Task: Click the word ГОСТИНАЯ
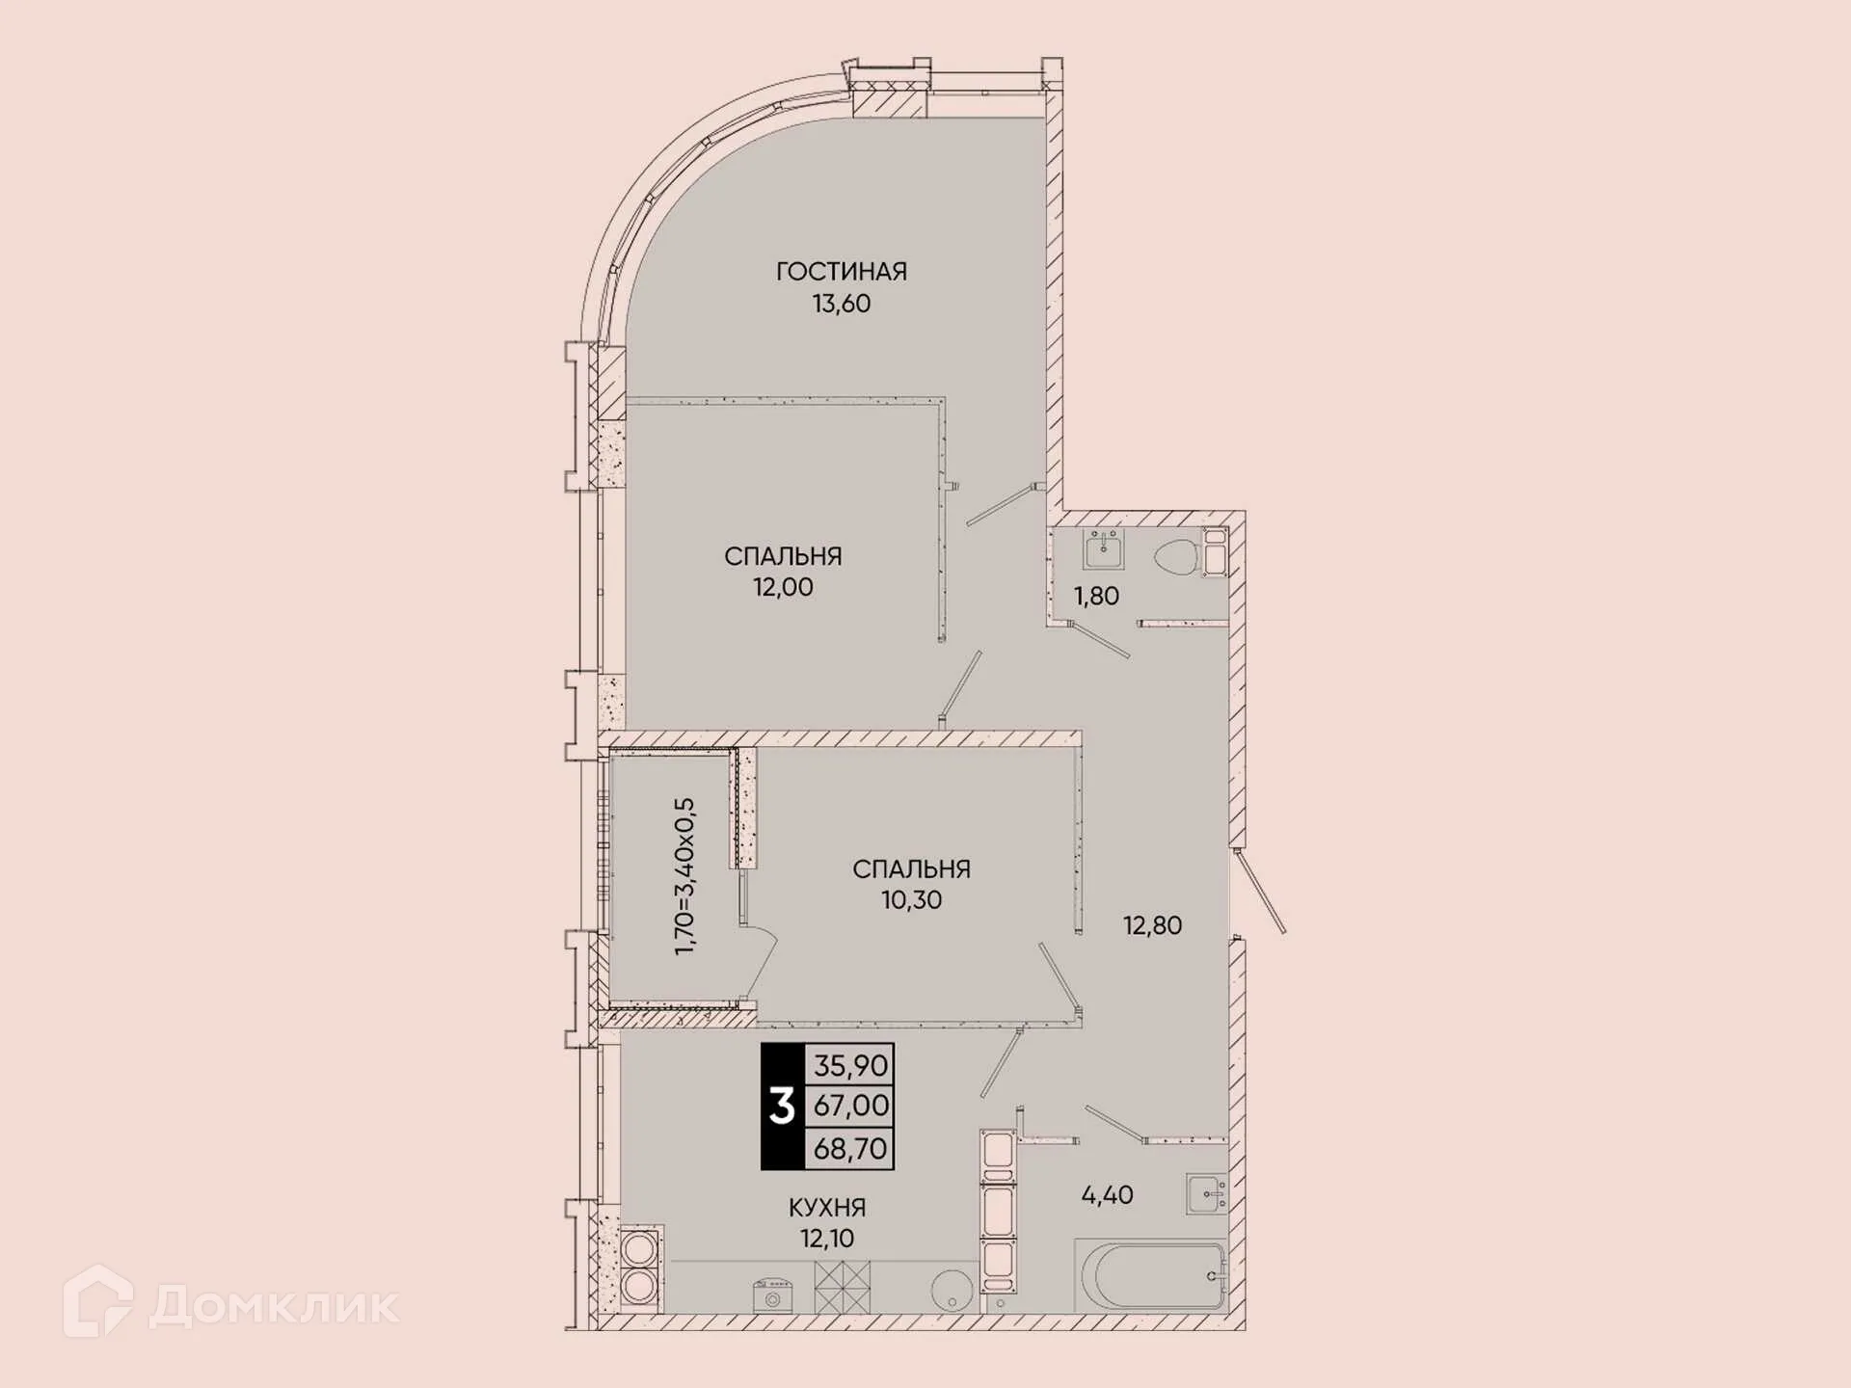tap(841, 272)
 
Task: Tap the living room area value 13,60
tap(841, 304)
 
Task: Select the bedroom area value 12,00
tap(782, 587)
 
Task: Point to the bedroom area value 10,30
tap(911, 900)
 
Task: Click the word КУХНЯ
tap(826, 1208)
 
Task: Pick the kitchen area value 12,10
tap(826, 1239)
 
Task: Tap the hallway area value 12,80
tap(1152, 926)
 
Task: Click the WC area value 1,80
tap(1096, 597)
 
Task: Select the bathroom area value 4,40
tap(1107, 1195)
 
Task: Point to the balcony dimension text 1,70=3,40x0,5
tap(684, 876)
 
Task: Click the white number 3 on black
tap(782, 1107)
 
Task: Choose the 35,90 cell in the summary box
tap(849, 1065)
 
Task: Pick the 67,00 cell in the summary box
tap(849, 1106)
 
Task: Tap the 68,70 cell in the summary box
tap(849, 1149)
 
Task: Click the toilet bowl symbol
tap(1176, 558)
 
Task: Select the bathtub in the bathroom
tap(1152, 1276)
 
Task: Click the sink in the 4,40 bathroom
tap(1206, 1194)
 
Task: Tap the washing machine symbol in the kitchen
tap(772, 1295)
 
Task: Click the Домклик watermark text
tap(274, 1306)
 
